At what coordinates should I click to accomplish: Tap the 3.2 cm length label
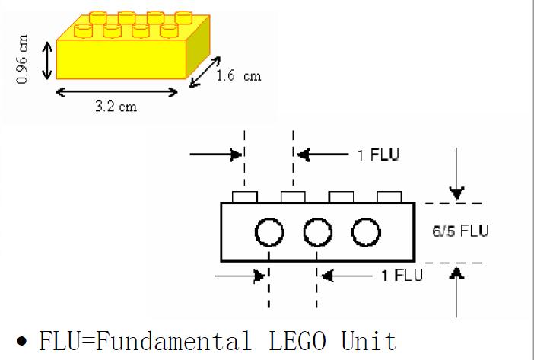tap(116, 106)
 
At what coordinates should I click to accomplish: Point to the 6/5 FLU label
tap(460, 231)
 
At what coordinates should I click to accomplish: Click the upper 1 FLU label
tap(378, 155)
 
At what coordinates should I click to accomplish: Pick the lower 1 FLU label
tap(397, 273)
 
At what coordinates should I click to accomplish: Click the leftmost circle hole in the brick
tap(268, 232)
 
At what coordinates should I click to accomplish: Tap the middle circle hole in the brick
tap(316, 232)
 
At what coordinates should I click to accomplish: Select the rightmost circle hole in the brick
tap(365, 232)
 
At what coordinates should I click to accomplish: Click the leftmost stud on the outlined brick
tap(245, 197)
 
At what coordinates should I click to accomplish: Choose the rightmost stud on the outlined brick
tap(389, 197)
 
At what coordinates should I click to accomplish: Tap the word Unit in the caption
tap(371, 339)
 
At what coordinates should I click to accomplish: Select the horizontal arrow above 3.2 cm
tap(116, 92)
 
